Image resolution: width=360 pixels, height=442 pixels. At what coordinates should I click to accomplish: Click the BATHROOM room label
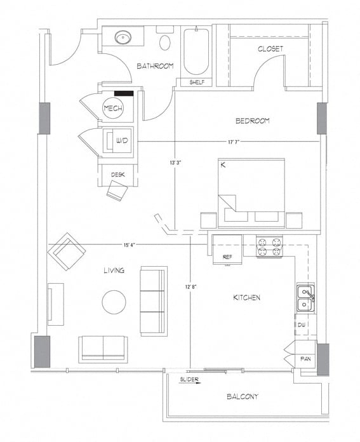pyautogui.click(x=155, y=65)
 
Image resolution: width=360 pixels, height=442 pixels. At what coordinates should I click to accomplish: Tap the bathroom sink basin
pyautogui.click(x=123, y=38)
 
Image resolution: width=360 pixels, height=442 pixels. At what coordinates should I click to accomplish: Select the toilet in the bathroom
pyautogui.click(x=165, y=42)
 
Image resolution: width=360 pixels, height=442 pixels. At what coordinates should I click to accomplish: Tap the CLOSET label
pyautogui.click(x=270, y=49)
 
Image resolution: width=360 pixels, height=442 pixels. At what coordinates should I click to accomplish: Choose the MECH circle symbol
pyautogui.click(x=113, y=109)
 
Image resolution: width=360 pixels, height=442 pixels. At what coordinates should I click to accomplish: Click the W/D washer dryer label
pyautogui.click(x=121, y=141)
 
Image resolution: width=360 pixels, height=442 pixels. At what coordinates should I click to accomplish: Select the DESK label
pyautogui.click(x=117, y=174)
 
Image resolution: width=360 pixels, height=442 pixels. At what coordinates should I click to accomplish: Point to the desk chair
pyautogui.click(x=117, y=190)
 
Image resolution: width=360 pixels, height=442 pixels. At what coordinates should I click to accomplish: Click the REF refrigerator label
pyautogui.click(x=227, y=257)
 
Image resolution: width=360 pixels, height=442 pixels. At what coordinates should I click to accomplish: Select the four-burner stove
pyautogui.click(x=269, y=246)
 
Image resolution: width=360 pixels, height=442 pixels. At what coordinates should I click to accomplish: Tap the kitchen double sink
pyautogui.click(x=305, y=299)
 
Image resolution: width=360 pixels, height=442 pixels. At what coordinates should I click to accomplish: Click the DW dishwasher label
pyautogui.click(x=302, y=325)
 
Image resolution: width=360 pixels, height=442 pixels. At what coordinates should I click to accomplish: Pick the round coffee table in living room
pyautogui.click(x=114, y=302)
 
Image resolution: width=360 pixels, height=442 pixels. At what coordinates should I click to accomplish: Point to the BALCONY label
pyautogui.click(x=243, y=397)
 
